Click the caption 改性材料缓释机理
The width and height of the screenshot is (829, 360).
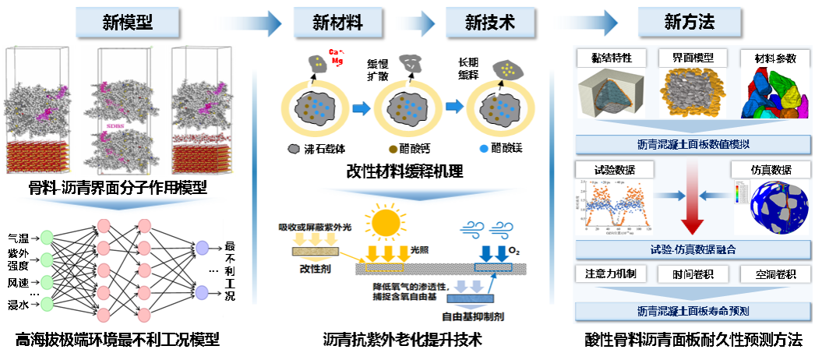tap(404, 172)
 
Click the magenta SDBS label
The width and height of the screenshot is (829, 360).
tap(114, 125)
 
